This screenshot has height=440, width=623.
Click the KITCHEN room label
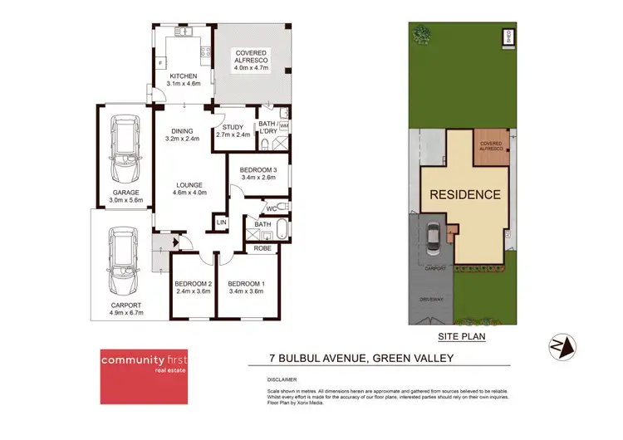point(183,76)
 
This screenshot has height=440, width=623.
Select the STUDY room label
point(233,127)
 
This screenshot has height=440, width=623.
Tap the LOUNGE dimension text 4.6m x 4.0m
point(190,193)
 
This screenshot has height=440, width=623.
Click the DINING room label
point(182,130)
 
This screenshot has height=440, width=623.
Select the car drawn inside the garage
point(124,142)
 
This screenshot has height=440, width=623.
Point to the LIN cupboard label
point(221,222)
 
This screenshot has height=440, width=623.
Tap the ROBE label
point(262,247)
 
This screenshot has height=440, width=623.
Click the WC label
point(272,208)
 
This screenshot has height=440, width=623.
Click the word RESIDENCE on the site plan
point(464,195)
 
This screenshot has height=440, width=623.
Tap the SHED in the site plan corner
point(508,35)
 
